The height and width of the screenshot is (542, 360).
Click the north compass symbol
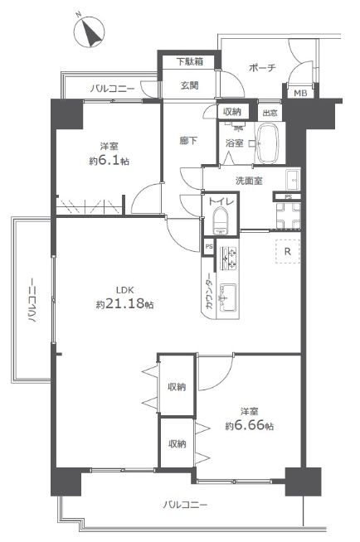90,32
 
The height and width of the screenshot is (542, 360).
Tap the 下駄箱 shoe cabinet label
189,62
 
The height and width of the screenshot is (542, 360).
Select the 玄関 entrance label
189,85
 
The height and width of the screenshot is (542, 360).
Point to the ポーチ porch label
262,68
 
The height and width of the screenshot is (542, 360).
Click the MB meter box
299,93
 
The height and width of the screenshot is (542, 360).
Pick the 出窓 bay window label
270,113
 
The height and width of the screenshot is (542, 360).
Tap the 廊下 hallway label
188,141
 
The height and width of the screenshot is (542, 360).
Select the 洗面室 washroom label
249,181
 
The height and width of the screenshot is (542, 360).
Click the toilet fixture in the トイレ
221,221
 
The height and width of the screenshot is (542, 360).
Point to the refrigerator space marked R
288,251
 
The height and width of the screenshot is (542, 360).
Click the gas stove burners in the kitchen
229,258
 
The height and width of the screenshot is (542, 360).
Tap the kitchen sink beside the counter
227,298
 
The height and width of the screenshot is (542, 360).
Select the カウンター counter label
210,291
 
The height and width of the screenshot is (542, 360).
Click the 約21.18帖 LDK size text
125,304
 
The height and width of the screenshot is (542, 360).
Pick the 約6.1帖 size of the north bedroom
109,161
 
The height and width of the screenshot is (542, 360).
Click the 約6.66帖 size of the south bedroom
250,425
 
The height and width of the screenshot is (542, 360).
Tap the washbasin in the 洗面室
294,179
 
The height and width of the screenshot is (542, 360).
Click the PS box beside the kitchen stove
208,247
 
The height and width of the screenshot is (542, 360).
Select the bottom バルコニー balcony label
185,505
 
